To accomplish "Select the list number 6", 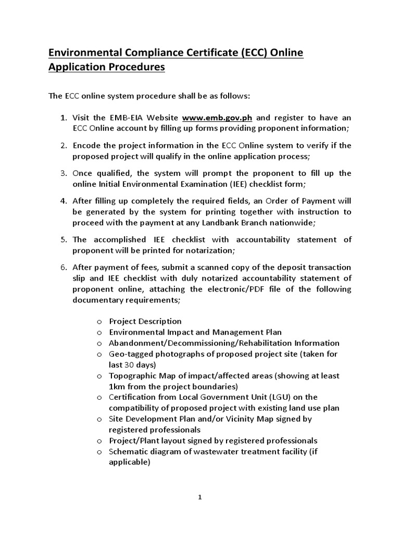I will tap(63, 268).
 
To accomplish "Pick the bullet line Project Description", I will tap(145, 321).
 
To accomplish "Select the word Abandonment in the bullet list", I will tap(134, 343).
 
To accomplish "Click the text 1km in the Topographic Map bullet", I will tap(117, 386).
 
